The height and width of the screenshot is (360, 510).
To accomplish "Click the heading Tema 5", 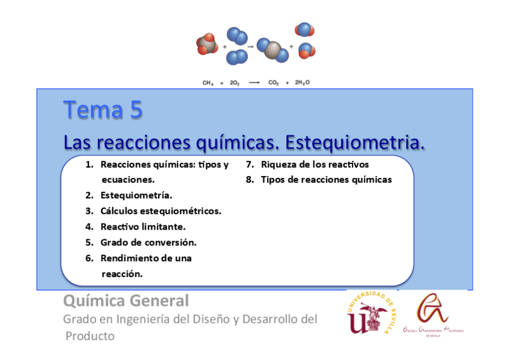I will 103,111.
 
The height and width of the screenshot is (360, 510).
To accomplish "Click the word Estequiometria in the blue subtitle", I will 355,143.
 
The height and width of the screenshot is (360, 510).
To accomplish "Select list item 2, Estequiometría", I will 136,195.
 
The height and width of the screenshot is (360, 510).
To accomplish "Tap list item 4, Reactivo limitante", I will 143,227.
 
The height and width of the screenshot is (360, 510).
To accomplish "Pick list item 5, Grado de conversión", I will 148,243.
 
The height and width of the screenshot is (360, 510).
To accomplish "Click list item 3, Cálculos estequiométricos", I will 161,211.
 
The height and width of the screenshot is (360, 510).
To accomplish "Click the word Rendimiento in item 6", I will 128,258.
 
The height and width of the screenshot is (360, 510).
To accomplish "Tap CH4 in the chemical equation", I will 208,84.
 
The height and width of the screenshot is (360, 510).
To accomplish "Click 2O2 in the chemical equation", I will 235,84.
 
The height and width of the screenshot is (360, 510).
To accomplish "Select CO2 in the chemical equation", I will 273,84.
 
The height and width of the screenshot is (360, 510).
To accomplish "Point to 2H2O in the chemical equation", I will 302,84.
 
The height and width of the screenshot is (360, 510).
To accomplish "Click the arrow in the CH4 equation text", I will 254,84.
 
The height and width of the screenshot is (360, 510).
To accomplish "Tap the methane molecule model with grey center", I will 207,44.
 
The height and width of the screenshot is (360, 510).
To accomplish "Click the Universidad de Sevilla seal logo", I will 371,313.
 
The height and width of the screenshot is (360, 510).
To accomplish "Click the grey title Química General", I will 126,301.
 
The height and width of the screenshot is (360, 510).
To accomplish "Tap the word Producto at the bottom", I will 90,336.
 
